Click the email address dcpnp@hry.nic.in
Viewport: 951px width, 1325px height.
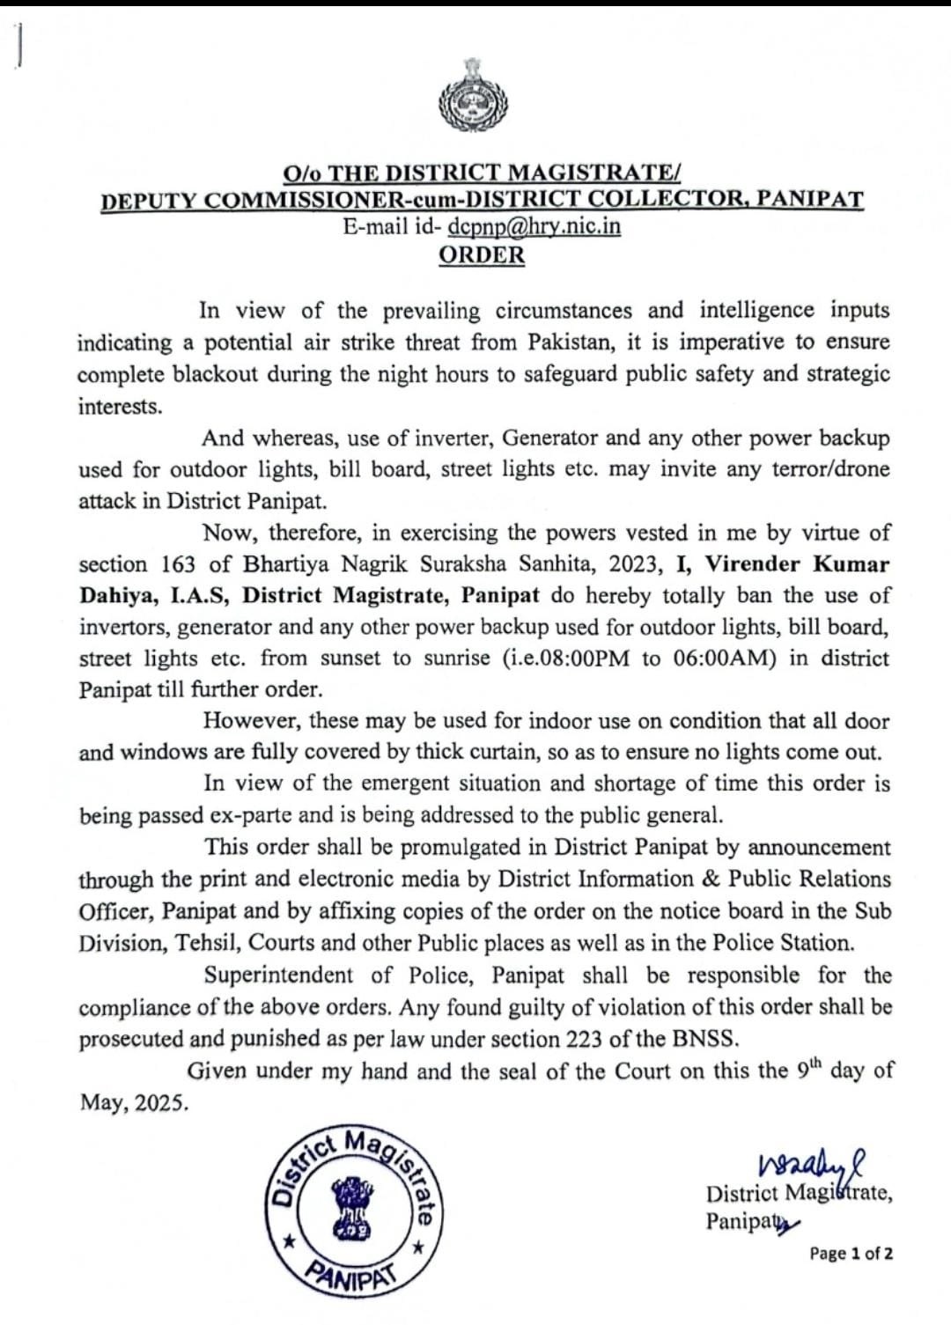(x=534, y=226)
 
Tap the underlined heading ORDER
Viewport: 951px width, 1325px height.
(x=482, y=255)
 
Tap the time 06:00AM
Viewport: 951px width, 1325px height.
(x=720, y=659)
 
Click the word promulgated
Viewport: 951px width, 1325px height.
(x=468, y=847)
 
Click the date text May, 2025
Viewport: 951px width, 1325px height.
(x=134, y=1103)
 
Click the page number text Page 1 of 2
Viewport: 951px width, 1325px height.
(x=851, y=1254)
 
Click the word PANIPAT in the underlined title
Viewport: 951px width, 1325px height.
(x=811, y=199)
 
